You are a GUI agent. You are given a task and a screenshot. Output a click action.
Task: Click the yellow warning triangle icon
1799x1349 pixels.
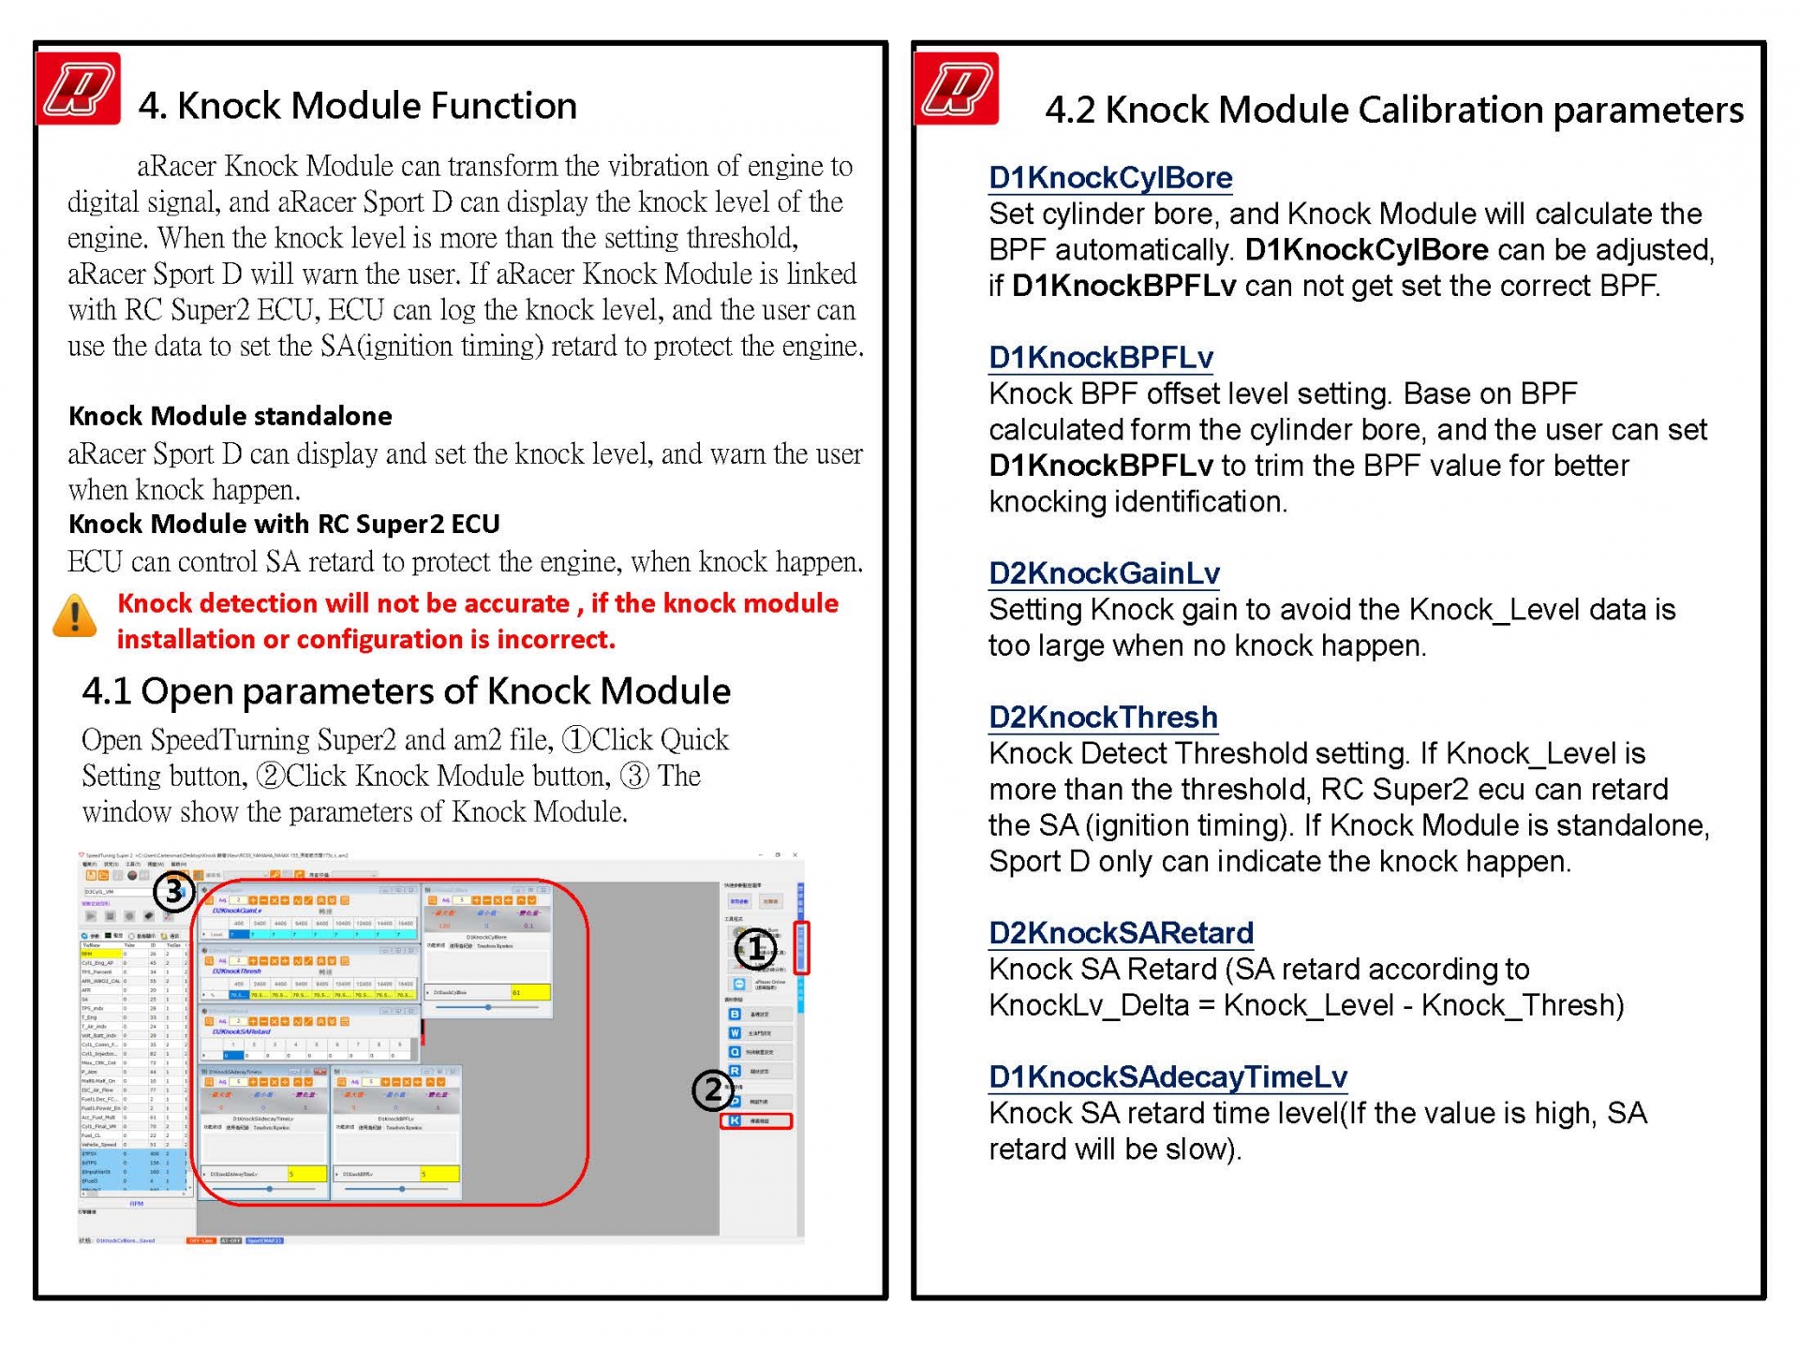pos(74,616)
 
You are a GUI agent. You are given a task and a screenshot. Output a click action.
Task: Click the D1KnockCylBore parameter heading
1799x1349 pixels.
pos(1110,177)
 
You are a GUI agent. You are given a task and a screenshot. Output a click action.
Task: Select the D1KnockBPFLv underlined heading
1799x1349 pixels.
pos(1101,357)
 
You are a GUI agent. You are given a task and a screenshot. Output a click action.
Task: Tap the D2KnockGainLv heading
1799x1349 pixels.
pos(1104,572)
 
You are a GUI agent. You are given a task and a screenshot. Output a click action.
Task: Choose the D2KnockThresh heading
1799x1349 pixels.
pos(1103,717)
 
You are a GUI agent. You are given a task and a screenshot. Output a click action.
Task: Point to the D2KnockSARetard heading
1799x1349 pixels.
pos(1121,932)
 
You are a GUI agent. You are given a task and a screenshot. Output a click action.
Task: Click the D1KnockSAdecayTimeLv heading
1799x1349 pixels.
pos(1167,1076)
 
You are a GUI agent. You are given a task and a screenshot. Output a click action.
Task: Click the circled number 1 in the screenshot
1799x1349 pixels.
pos(755,949)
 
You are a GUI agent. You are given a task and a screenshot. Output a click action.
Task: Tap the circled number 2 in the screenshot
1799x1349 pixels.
pos(712,1090)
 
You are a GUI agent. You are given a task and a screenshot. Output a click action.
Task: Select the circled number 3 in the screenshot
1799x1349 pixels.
pos(174,891)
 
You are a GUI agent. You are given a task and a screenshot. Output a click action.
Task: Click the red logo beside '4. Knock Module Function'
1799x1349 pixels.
pos(79,90)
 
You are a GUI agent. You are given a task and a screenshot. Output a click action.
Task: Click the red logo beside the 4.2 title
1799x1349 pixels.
pos(956,90)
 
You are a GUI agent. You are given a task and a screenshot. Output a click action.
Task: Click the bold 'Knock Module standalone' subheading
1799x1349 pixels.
pos(230,416)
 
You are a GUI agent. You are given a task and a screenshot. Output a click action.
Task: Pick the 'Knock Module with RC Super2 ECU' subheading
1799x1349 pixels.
pos(284,524)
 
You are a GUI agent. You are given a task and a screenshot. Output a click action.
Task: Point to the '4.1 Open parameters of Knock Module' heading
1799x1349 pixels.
pos(406,691)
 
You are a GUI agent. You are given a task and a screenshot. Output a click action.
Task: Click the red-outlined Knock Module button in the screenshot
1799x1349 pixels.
pos(756,1120)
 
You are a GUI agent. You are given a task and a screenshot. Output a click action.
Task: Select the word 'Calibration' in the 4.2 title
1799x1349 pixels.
pos(1450,111)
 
